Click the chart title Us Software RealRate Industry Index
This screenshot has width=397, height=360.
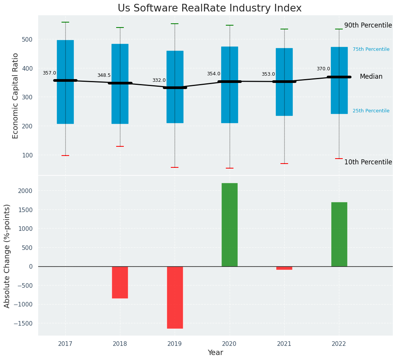pos(209,8)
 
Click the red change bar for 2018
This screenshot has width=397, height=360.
pos(120,282)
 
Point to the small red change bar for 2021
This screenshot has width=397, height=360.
pos(284,268)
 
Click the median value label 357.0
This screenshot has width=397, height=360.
pos(49,73)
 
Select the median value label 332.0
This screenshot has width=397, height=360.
pos(159,80)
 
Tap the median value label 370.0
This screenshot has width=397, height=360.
pos(323,69)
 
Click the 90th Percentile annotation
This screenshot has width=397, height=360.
pos(368,26)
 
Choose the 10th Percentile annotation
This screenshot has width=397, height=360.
pos(368,162)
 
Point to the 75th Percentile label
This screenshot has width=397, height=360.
pos(371,49)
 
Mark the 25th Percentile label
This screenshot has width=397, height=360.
pos(371,111)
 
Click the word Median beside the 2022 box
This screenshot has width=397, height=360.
pos(371,76)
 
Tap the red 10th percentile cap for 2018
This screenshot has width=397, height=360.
pos(120,146)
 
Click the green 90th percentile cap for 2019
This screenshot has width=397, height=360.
pos(175,24)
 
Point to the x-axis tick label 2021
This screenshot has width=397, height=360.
pos(284,344)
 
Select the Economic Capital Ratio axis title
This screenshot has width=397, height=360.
pos(16,96)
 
